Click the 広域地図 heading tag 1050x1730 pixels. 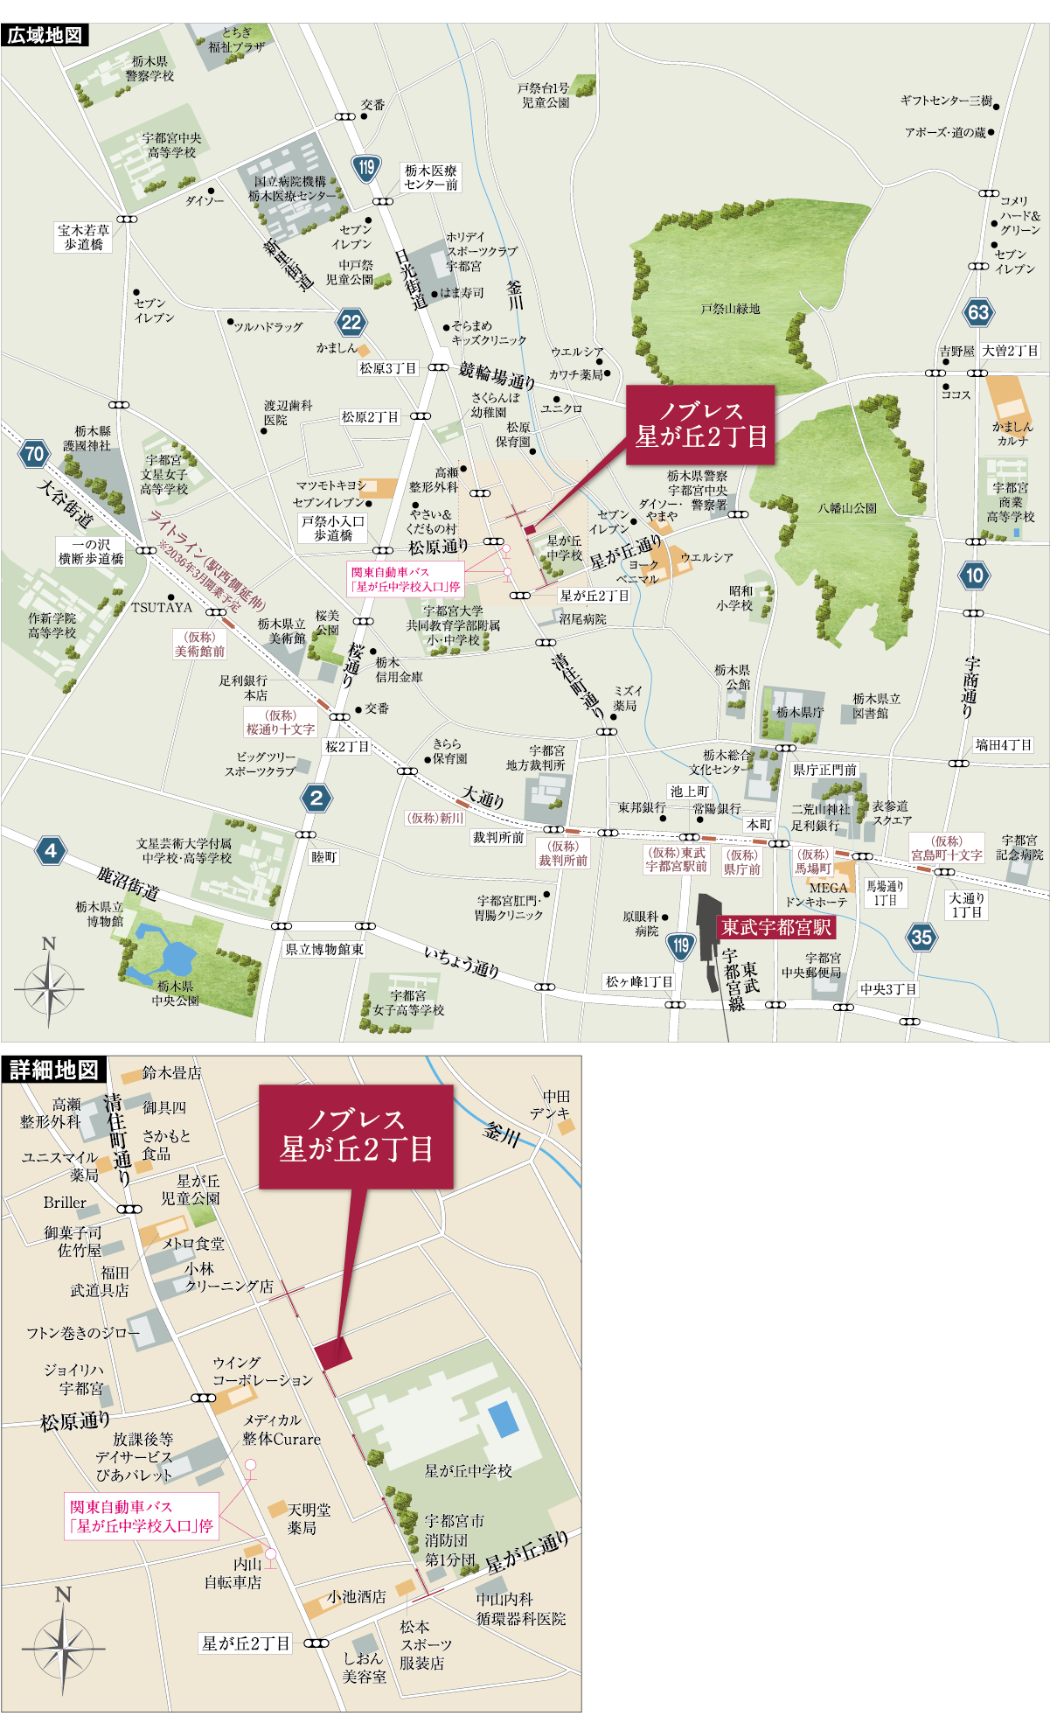pos(45,35)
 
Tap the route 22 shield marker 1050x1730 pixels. pos(351,322)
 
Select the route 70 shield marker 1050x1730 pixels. pos(34,453)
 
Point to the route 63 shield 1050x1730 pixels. pos(978,312)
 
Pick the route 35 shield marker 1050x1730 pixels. pos(921,937)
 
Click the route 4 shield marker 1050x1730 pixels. pos(51,850)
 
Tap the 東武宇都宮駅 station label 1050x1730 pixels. pos(775,927)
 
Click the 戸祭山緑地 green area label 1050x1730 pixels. pos(730,309)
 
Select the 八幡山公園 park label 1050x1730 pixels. pos(847,507)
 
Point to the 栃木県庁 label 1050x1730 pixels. pos(799,712)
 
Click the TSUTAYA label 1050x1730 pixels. pos(162,607)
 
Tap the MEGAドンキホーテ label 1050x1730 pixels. pos(817,894)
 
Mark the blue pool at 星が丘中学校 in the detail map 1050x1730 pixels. pos(503,1419)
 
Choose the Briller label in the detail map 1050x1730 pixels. pos(65,1203)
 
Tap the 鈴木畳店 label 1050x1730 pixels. pos(171,1072)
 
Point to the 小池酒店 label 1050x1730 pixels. pos(357,1596)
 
